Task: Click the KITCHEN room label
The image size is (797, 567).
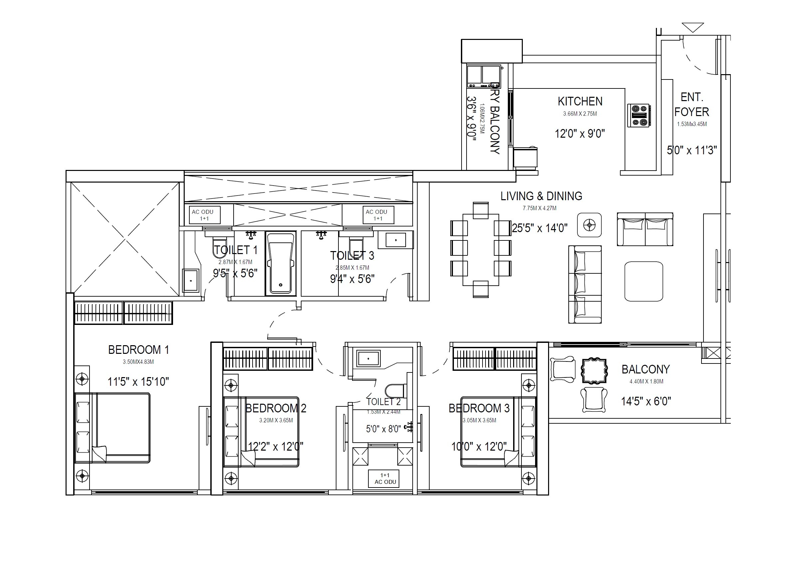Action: pos(580,101)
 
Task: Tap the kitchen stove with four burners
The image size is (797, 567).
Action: pos(638,115)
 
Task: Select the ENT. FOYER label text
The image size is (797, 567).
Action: pos(692,104)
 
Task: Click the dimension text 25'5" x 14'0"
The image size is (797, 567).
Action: pos(539,228)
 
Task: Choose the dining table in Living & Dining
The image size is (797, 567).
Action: pos(481,249)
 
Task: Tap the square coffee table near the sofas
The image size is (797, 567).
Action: pos(644,281)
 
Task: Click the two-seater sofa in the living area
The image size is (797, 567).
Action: pos(645,229)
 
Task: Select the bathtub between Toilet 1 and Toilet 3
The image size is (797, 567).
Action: pos(280,263)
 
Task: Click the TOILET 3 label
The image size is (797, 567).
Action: pos(352,256)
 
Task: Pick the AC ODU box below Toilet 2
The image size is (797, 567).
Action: pos(384,478)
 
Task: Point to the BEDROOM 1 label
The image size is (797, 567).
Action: pos(138,350)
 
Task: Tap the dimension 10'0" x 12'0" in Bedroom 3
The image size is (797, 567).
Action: pos(479,446)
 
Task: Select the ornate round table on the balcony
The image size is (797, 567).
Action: pos(594,370)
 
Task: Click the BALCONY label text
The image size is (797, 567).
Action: pos(645,369)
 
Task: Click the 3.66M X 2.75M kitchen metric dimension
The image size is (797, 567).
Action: pos(580,114)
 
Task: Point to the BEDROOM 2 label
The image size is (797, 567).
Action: pos(276,408)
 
